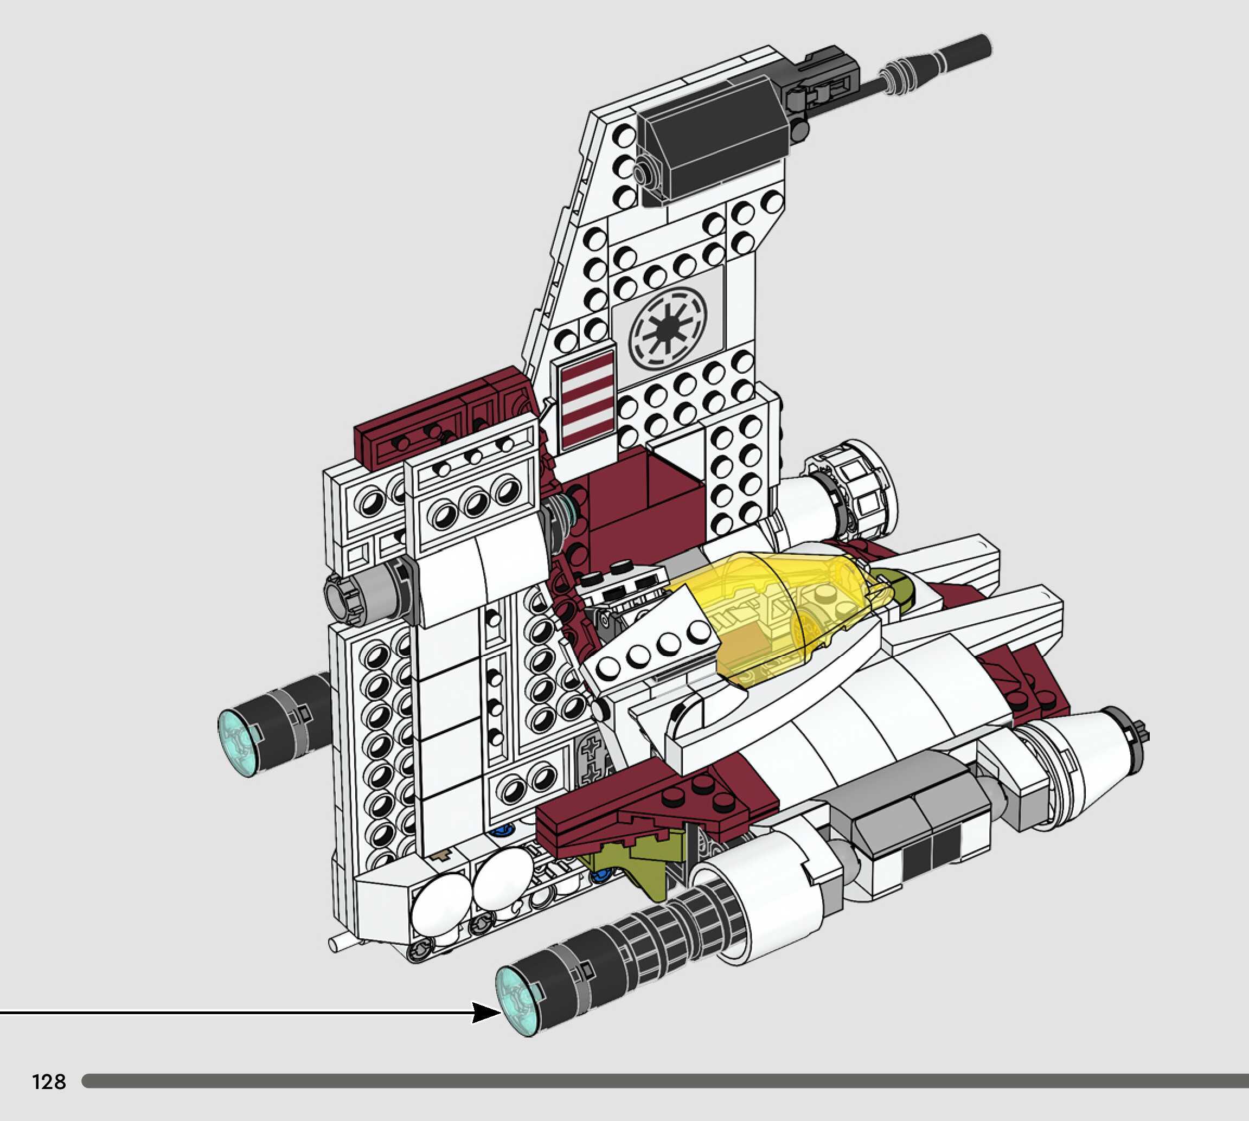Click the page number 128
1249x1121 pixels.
pos(49,1081)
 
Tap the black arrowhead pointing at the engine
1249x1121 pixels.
pos(486,1012)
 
